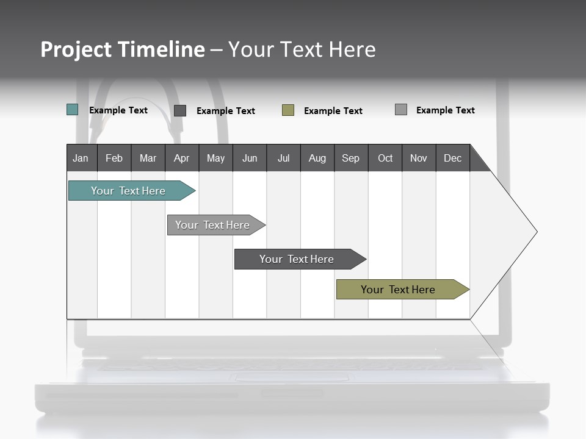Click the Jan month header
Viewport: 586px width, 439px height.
pos(81,158)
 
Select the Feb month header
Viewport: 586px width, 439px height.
pos(114,158)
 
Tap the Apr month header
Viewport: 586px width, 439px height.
pos(182,158)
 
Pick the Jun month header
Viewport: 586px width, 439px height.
pos(250,158)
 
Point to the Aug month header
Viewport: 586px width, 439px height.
pos(317,158)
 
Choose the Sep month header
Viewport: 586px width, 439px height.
pos(351,158)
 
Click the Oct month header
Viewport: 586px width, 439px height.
pos(385,158)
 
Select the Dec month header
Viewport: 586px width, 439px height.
pos(453,158)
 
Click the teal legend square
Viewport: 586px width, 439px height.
pos(72,110)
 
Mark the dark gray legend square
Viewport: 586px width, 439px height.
pos(180,110)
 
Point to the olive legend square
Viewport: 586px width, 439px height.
pos(288,110)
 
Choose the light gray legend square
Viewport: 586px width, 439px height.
pos(401,110)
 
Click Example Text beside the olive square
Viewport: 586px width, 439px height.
pos(333,111)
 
